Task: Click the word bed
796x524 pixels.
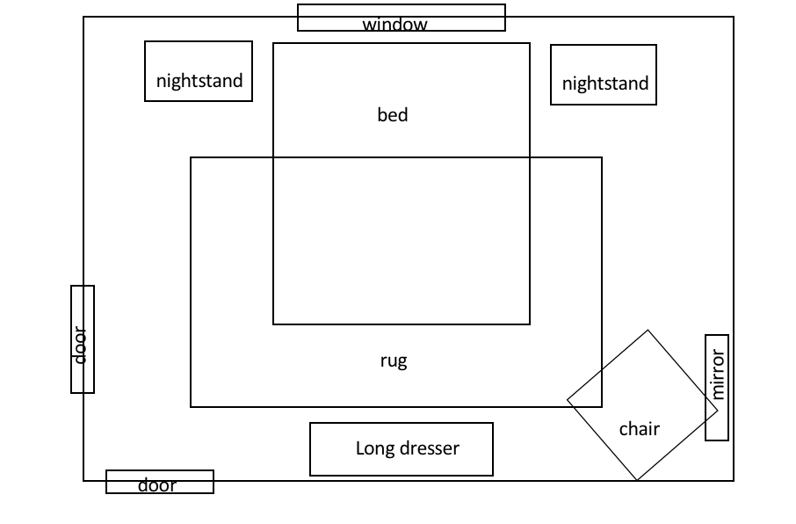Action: pos(393,115)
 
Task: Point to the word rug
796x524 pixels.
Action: pos(394,360)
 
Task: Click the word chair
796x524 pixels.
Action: pos(640,429)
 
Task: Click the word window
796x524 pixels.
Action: pos(394,25)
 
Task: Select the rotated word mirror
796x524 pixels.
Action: pos(718,375)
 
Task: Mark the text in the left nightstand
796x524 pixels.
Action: pos(199,81)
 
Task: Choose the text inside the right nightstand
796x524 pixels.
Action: pos(605,84)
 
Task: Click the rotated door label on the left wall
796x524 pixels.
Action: pos(81,346)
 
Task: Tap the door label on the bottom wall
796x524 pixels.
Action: pos(157,485)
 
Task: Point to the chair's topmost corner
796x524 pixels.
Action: pos(648,331)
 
